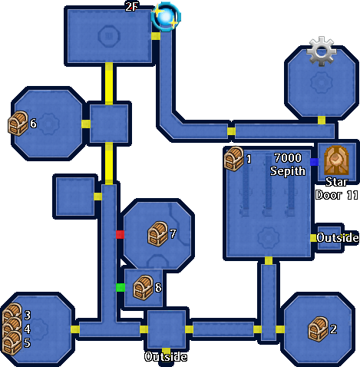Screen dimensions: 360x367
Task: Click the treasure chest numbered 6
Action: [x=18, y=124]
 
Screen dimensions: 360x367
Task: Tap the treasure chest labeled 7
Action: [x=157, y=234]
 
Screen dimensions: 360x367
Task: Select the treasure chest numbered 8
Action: [x=144, y=288]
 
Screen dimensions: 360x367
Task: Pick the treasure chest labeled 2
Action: [x=319, y=329]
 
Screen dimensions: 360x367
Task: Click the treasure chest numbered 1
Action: [x=233, y=159]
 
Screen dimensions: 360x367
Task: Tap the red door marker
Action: [x=120, y=234]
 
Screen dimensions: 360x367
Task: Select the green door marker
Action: [x=121, y=287]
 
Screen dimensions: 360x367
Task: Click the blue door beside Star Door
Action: [x=314, y=162]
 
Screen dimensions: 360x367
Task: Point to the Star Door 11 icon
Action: [x=336, y=160]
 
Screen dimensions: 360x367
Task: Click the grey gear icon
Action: [x=322, y=51]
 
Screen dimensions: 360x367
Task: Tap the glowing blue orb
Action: [x=166, y=17]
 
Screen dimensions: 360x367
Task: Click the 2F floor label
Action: [x=131, y=7]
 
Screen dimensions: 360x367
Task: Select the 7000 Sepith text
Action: [x=288, y=164]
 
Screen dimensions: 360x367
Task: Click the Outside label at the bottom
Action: [x=166, y=357]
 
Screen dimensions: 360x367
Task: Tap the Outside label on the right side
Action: [x=338, y=238]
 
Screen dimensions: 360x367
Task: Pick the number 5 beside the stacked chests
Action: [x=27, y=343]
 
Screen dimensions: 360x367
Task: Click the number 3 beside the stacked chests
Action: [x=28, y=316]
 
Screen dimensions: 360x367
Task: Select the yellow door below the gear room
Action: [x=322, y=121]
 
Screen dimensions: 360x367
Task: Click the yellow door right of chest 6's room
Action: [x=86, y=124]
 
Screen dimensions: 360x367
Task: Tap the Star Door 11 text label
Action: [x=337, y=189]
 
